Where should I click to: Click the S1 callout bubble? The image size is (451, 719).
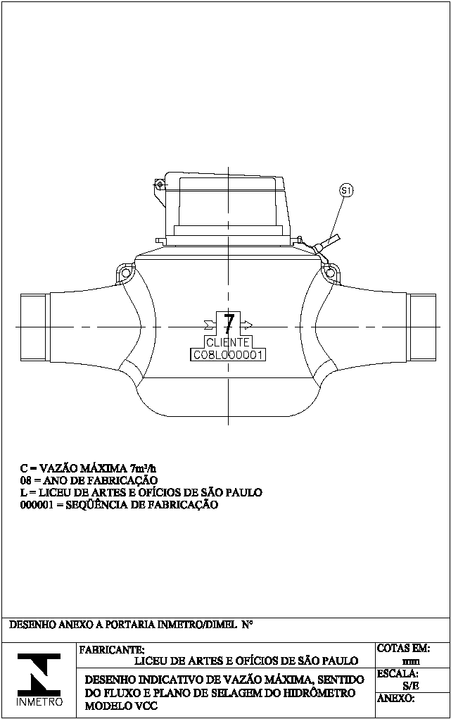pos(346,190)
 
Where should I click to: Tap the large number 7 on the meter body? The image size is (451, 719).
pos(229,323)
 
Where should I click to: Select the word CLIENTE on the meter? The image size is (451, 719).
pos(228,342)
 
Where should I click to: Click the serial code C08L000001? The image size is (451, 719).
pos(228,355)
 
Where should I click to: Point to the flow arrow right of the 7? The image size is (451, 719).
pos(246,325)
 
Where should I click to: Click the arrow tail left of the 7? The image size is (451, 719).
pos(210,325)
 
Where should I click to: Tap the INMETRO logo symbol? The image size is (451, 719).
pos(39,674)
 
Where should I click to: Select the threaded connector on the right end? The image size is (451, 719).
pos(421,327)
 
